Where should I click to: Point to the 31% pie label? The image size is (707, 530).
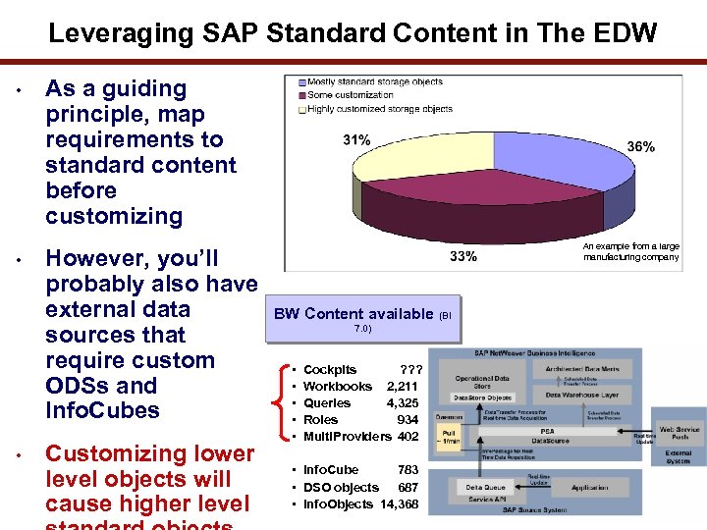pos(356,140)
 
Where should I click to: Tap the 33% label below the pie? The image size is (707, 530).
pos(463,256)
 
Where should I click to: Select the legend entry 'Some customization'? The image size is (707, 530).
pos(350,95)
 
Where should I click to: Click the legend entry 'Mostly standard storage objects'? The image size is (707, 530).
pos(372,82)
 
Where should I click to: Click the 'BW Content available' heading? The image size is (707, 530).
pos(353,314)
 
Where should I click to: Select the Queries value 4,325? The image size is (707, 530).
pos(403,403)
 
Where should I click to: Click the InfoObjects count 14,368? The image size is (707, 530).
pos(399,504)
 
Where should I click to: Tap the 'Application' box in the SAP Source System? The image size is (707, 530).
pos(588,487)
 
